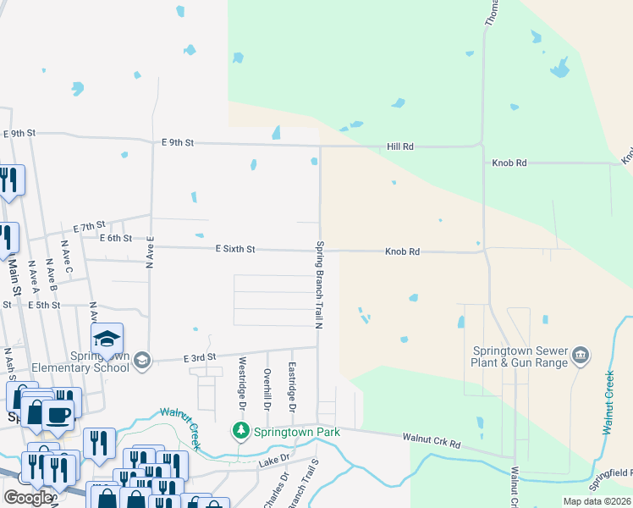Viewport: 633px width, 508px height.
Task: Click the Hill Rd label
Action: [399, 146]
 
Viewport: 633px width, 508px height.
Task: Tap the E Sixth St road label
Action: [235, 249]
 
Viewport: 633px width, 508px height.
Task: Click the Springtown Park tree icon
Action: [241, 432]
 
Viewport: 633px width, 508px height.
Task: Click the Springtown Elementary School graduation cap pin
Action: [107, 339]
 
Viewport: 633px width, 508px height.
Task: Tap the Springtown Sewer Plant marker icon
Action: [581, 354]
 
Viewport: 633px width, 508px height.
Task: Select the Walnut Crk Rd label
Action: [432, 441]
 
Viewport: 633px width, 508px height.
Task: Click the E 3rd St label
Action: [200, 358]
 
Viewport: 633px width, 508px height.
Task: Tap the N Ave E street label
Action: [149, 252]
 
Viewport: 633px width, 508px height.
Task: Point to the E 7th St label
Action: [88, 227]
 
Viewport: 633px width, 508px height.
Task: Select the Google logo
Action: [27, 498]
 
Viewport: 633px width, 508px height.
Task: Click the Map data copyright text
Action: [596, 501]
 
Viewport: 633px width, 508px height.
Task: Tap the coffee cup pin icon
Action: [58, 415]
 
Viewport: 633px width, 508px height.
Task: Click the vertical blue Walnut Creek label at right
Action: [607, 403]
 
